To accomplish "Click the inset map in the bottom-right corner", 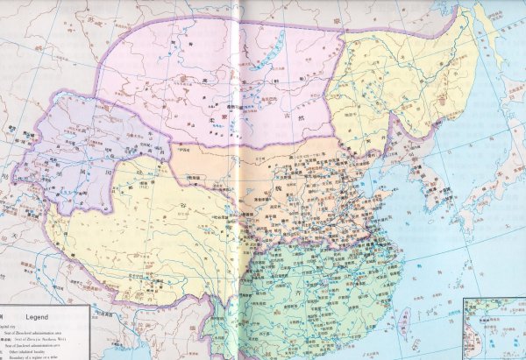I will click(x=494, y=328).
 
